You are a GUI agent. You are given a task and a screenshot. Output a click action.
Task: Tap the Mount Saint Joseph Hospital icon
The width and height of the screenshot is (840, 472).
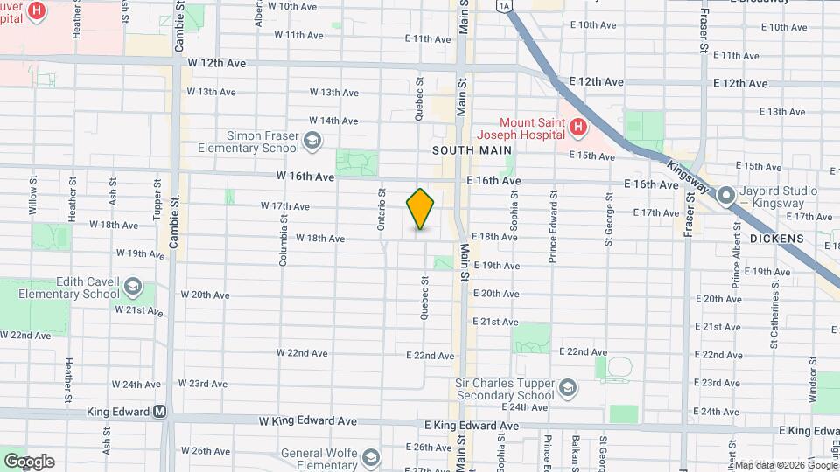577,128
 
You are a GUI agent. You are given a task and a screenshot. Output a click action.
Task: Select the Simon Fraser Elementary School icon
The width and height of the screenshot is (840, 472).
311,142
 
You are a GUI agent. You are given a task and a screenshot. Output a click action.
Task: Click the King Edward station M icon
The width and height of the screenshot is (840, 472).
160,412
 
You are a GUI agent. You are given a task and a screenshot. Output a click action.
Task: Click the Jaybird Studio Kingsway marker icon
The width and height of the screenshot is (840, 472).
725,198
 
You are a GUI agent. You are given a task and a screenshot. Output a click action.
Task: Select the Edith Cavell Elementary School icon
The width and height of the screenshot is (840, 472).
132,287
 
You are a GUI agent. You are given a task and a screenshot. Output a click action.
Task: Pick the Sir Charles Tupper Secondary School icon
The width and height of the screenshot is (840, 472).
567,388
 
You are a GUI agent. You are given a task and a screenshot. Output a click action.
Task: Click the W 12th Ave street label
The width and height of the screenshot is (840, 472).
216,64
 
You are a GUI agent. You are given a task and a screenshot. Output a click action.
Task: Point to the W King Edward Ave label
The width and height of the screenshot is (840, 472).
308,420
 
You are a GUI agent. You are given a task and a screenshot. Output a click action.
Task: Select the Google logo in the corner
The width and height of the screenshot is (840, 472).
28,461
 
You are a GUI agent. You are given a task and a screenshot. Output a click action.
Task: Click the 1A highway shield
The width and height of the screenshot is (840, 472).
502,5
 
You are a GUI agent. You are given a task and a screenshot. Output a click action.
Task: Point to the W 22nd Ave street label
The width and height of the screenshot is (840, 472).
302,353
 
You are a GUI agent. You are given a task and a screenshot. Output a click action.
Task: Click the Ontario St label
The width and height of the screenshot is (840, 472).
381,211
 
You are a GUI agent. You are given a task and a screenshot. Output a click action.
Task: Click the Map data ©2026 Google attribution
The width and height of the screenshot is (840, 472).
785,465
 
